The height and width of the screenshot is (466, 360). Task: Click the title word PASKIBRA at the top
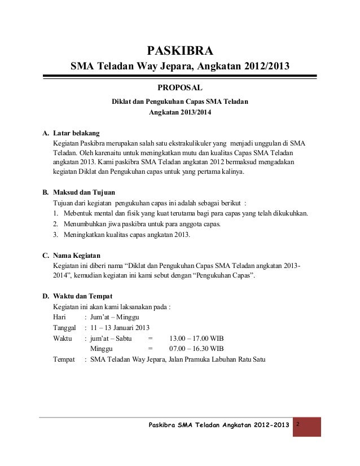(180, 54)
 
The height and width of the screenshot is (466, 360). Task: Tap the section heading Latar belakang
(77, 134)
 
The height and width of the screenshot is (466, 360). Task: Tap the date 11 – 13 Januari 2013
(119, 328)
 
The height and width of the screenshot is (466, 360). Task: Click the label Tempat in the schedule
(64, 359)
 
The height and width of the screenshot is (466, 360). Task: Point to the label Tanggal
(65, 328)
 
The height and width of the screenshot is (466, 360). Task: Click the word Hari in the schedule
(59, 318)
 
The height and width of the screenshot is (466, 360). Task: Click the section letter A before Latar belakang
(46, 134)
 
